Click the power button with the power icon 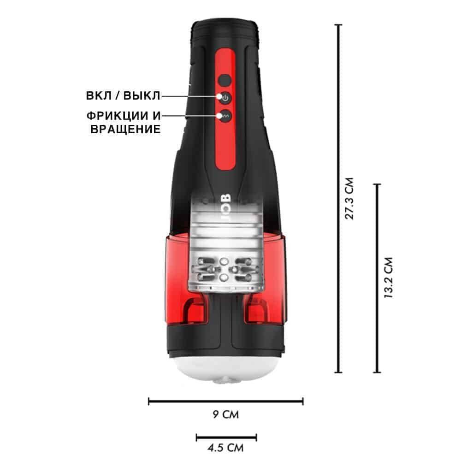[x=225, y=98]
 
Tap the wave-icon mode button [x=225, y=116]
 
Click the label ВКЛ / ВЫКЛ [x=123, y=95]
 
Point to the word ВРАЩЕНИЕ [x=125, y=129]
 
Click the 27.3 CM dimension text [x=349, y=198]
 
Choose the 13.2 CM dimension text [x=388, y=278]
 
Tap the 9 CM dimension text [x=226, y=414]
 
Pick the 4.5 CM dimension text [x=225, y=448]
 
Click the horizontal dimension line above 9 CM [x=226, y=401]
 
